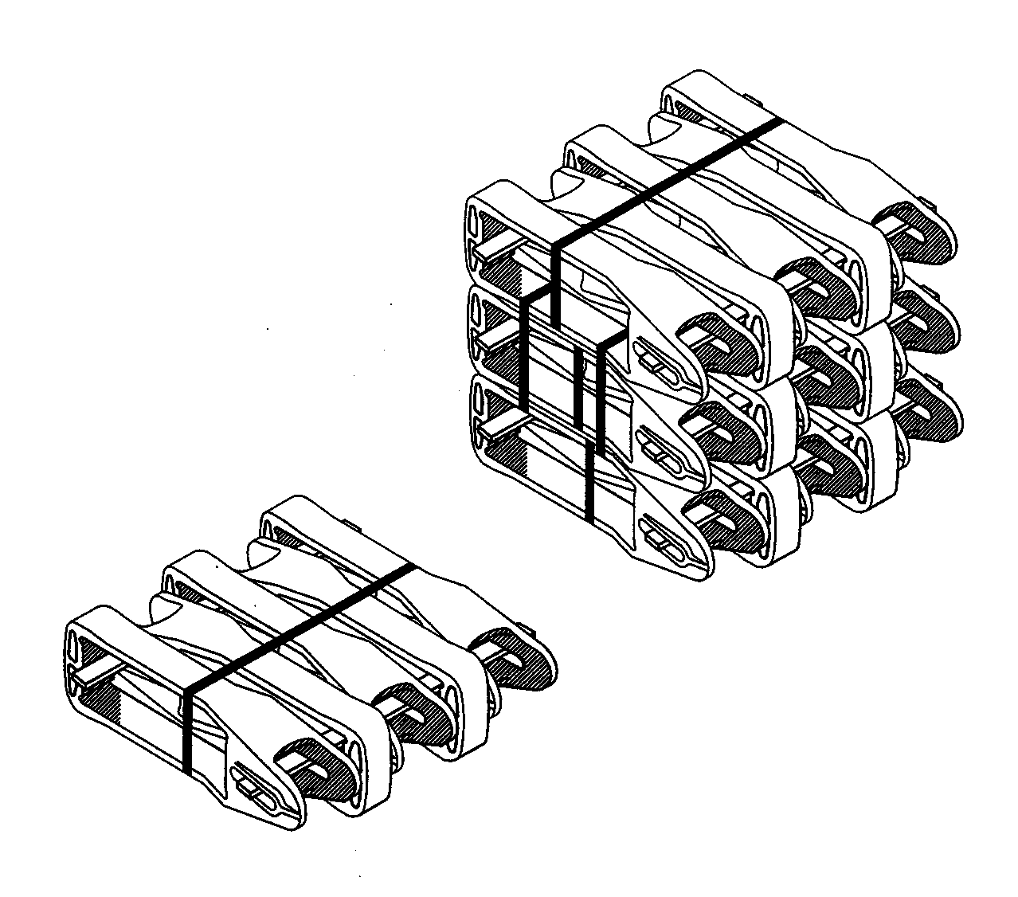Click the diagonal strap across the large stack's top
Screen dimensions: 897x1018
click(669, 179)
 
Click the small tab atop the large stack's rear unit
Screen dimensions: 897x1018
click(752, 99)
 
